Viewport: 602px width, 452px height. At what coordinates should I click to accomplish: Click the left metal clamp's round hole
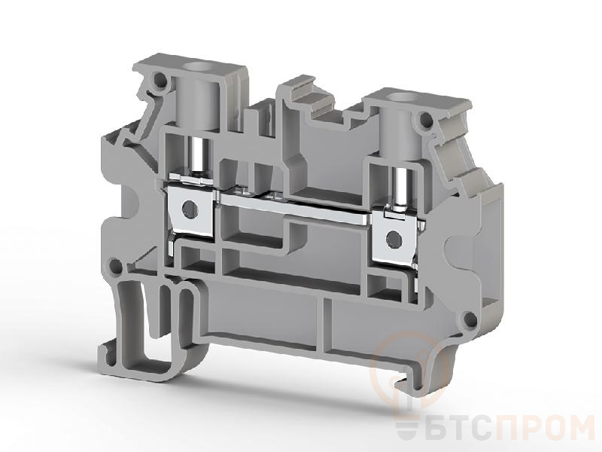(x=189, y=208)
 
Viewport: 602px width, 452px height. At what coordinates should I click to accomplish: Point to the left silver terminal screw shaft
(x=199, y=157)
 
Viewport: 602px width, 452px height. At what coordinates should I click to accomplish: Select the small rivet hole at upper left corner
(x=159, y=81)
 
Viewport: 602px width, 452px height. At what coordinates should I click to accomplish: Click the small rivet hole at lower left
(x=115, y=265)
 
